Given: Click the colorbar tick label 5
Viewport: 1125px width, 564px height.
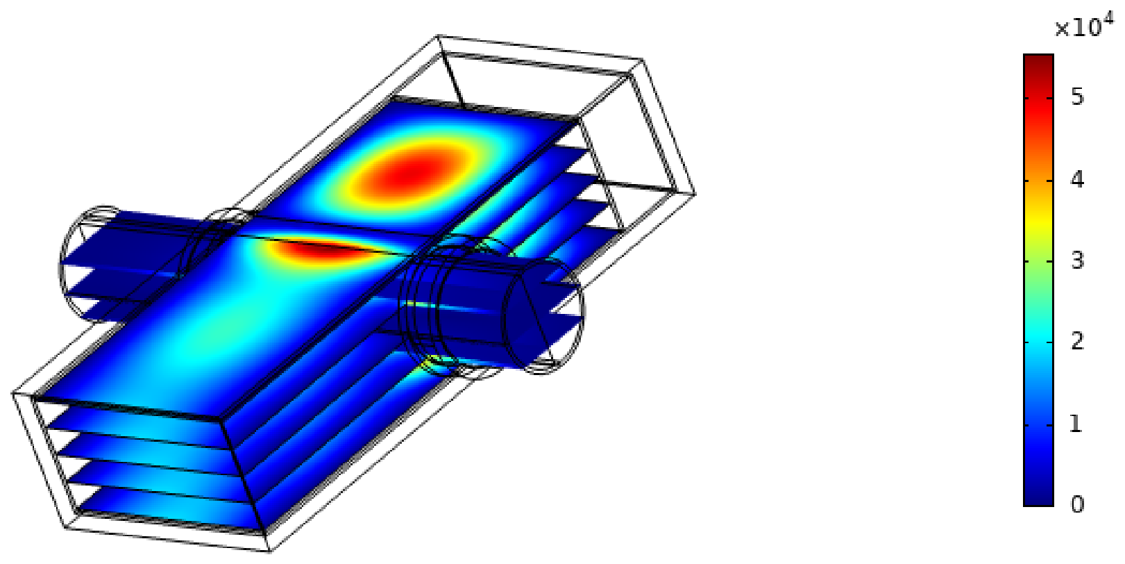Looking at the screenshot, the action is tap(1077, 97).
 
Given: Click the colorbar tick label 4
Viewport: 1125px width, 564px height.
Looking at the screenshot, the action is tap(1077, 179).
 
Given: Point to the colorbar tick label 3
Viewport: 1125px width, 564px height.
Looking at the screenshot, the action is tap(1077, 261).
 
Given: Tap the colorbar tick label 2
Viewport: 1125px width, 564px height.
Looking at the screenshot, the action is tap(1077, 342).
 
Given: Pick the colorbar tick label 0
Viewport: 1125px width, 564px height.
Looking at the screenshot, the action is tap(1077, 505).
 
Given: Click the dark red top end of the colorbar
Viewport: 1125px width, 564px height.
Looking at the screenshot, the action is tap(1038, 60).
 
